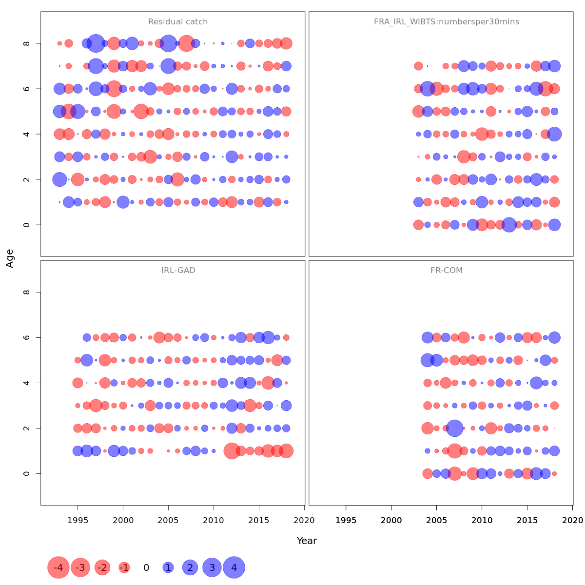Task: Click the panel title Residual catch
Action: click(178, 22)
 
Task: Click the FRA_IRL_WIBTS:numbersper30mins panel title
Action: click(446, 22)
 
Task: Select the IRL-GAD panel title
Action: click(178, 270)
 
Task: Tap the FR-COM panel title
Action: click(446, 270)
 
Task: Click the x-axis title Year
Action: click(307, 541)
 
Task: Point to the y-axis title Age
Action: click(10, 258)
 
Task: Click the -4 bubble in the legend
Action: click(58, 567)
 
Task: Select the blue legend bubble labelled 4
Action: click(234, 567)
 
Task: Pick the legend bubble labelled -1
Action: click(124, 567)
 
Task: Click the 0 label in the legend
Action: click(146, 567)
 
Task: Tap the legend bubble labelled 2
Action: click(190, 567)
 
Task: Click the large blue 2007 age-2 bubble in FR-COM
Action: click(455, 428)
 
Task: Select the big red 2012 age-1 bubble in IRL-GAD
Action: click(232, 451)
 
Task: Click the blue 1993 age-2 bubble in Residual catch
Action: click(59, 179)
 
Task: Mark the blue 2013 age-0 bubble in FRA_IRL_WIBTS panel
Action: click(509, 225)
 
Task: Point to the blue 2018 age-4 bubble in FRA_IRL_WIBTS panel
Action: click(554, 134)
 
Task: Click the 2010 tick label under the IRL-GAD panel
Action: click(214, 520)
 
